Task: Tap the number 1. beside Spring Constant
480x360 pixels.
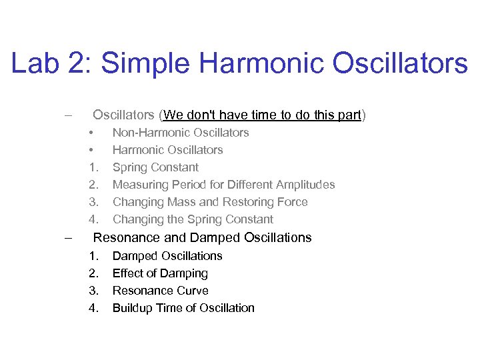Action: [93, 167]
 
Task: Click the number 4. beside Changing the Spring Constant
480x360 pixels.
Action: [93, 219]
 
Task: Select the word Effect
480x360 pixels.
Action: [128, 273]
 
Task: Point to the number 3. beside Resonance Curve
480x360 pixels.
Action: [93, 291]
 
